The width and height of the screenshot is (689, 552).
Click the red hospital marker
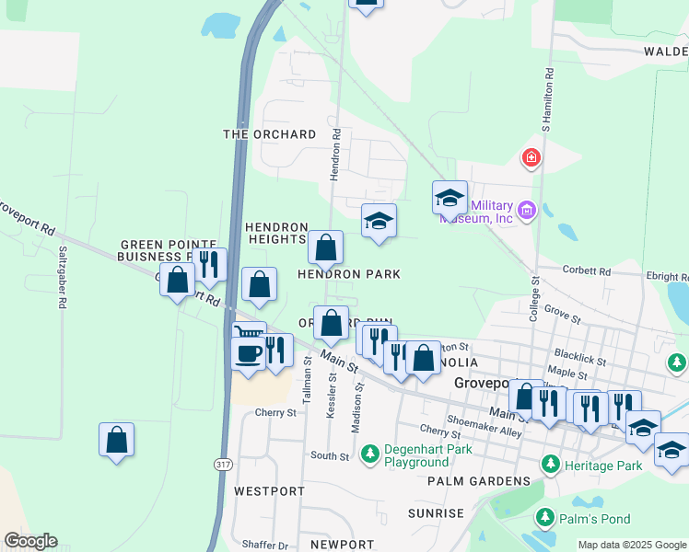531,158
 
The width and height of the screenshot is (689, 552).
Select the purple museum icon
527,212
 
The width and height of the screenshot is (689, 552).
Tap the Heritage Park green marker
551,463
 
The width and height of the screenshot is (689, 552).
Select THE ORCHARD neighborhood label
270,134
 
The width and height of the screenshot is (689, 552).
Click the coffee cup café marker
247,353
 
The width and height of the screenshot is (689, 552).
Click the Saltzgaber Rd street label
63,263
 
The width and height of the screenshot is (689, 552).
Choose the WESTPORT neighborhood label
269,491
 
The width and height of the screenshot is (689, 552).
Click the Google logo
30,541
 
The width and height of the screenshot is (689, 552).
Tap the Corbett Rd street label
591,271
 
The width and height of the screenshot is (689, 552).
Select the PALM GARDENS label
479,480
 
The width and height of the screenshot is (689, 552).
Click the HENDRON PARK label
348,274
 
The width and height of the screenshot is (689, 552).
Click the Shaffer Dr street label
265,545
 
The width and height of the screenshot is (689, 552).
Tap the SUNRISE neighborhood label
437,513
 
